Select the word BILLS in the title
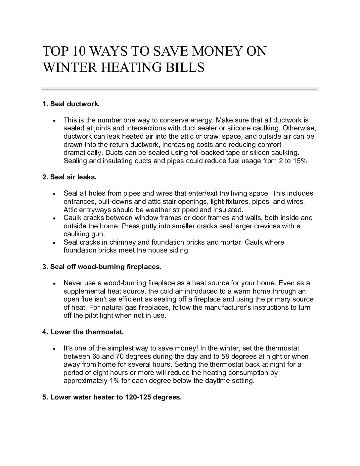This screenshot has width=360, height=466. coord(188,68)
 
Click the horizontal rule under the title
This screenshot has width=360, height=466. coord(180,89)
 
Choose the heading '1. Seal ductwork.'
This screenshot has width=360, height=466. coord(71,104)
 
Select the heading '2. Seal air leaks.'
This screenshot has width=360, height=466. coord(69,177)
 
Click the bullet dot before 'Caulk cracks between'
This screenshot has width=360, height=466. coord(54,218)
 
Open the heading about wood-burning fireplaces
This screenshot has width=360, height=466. coord(102,266)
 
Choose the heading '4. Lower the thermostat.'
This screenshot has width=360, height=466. coord(83,332)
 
